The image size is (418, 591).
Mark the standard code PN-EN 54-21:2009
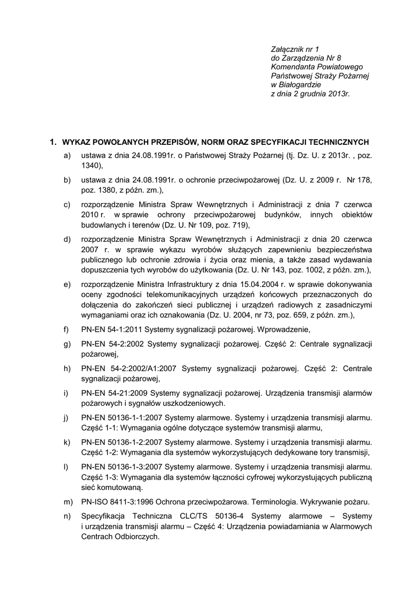114,393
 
